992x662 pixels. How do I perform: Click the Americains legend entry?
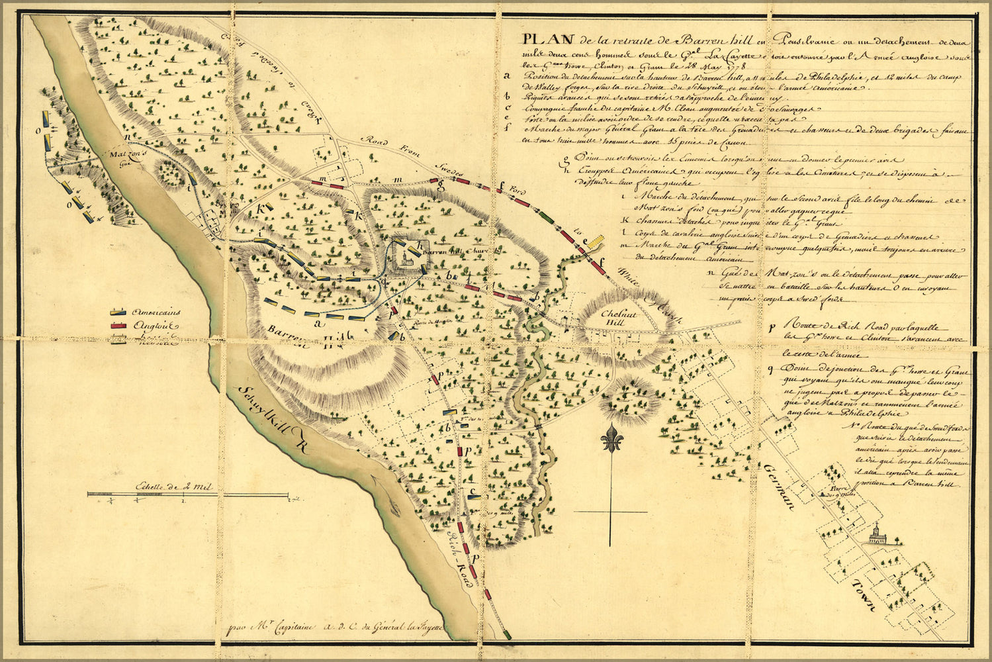[156, 312]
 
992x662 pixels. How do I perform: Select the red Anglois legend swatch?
[118, 325]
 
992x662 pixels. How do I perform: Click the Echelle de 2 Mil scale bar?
[188, 494]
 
